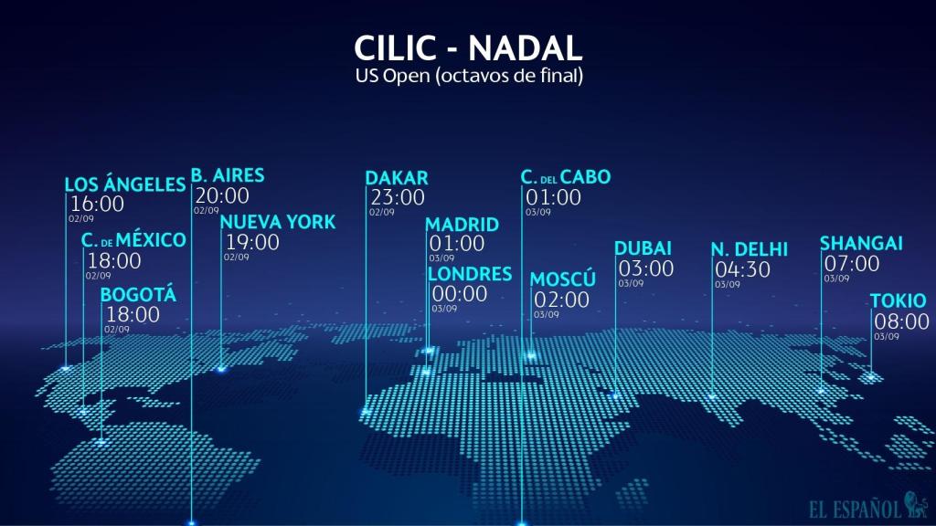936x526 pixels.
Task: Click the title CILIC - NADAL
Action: tap(467, 49)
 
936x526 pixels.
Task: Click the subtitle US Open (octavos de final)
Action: tap(468, 77)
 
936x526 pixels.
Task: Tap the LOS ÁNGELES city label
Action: tap(125, 184)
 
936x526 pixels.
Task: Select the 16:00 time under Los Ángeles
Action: tap(97, 204)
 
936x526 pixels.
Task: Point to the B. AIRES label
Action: tap(228, 174)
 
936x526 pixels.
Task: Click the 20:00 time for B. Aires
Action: tap(221, 195)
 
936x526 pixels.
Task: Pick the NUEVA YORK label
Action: tap(278, 222)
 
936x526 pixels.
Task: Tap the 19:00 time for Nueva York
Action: tap(251, 242)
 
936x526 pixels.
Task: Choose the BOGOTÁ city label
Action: tap(138, 295)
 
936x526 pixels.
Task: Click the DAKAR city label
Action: tap(397, 177)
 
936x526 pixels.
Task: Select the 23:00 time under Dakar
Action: tap(397, 197)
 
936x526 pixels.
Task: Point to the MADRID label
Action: tap(463, 225)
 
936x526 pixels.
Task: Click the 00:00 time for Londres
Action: tap(459, 294)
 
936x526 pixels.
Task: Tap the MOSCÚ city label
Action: tap(563, 279)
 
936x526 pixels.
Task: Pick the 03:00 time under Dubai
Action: tap(646, 268)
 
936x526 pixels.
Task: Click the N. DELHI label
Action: tap(749, 249)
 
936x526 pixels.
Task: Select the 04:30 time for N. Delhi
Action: tap(742, 269)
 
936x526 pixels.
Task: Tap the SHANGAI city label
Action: tap(861, 243)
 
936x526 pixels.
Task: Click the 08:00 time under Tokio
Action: tap(901, 321)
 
